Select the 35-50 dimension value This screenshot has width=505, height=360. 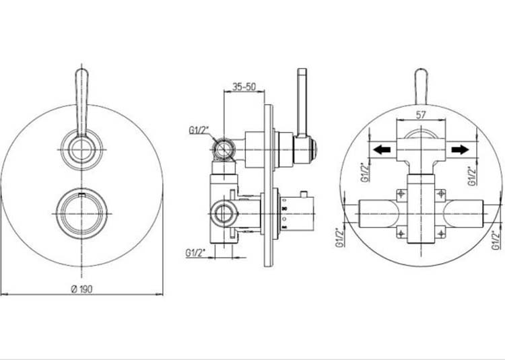pyautogui.click(x=243, y=87)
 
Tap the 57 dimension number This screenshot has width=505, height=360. pyautogui.click(x=422, y=114)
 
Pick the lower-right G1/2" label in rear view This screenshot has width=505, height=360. pyautogui.click(x=496, y=239)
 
